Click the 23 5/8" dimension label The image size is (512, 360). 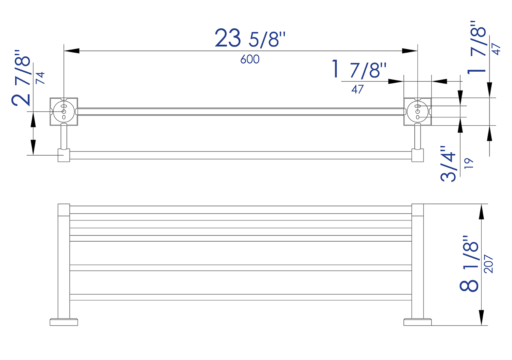[x=250, y=39]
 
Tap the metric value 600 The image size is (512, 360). [x=250, y=59]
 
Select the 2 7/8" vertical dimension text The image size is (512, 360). [x=21, y=78]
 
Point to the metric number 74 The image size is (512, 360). [x=41, y=78]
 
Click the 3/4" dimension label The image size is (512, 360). [x=448, y=164]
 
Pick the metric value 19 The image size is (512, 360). [x=469, y=163]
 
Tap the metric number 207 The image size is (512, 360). [x=489, y=264]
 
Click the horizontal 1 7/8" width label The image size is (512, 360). [x=359, y=69]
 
